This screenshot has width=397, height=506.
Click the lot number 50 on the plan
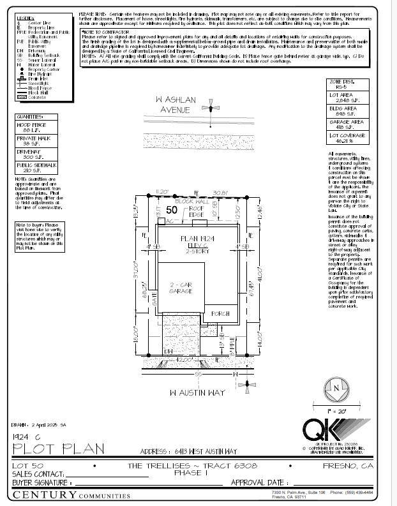pos(171,209)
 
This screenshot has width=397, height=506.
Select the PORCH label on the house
pos(220,313)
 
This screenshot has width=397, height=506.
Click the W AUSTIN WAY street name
pos(198,392)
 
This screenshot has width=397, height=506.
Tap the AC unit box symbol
pos(170,221)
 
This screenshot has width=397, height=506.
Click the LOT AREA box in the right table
pos(346,97)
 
